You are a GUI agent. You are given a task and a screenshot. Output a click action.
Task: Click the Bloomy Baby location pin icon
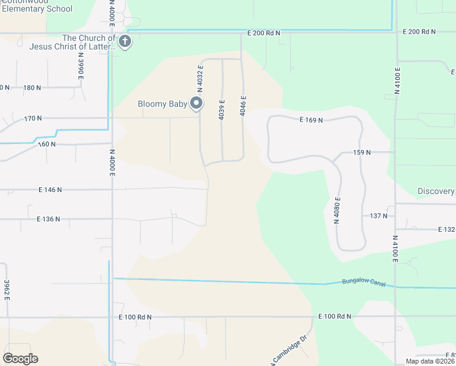tap(196, 104)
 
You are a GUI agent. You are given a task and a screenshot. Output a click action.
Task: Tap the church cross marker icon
tap(124, 41)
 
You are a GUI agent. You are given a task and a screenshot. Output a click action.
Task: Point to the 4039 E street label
tap(222, 109)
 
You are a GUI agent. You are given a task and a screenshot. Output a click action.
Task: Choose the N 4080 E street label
tap(337, 210)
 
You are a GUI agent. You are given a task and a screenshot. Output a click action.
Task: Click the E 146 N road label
tap(50, 190)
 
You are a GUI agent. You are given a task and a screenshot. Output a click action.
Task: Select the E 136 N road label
tap(49, 218)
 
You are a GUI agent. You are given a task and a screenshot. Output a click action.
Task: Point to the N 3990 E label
tap(80, 65)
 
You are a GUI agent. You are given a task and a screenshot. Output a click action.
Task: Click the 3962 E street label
tap(7, 290)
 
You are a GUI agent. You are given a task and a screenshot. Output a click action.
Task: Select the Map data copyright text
tap(430, 361)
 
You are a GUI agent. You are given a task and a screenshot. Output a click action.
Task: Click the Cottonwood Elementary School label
tap(37, 7)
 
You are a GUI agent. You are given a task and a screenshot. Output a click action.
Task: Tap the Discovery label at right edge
tap(436, 191)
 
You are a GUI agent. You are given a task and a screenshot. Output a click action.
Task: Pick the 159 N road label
tap(362, 152)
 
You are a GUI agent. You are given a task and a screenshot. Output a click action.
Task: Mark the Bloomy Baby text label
tap(162, 104)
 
